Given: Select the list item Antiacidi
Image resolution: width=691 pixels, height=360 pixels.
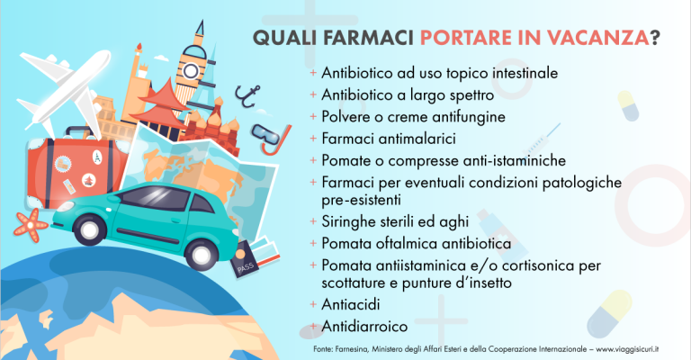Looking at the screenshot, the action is coord(350,304).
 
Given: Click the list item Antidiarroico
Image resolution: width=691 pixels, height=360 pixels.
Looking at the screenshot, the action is coord(364,326).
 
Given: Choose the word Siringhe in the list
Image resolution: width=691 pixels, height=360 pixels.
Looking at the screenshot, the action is coord(348,221).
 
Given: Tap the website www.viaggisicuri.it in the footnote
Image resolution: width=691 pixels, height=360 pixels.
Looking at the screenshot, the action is coord(627,349).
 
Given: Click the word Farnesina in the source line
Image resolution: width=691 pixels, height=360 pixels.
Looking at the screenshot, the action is coord(351,349).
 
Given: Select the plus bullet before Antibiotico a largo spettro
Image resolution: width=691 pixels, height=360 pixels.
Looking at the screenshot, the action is coord(313,94).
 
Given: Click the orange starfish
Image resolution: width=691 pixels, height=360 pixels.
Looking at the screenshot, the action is coord(31,225).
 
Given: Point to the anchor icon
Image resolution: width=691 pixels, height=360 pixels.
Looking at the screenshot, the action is coord(247,96).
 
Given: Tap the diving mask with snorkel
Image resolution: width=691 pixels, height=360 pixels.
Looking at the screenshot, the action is coord(271,138).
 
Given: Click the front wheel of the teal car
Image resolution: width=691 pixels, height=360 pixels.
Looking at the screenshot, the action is coord(201,254).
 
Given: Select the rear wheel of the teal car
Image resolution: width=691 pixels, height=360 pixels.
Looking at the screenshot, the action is coord(89,229).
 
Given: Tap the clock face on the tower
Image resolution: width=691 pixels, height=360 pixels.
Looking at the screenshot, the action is coord(192,70).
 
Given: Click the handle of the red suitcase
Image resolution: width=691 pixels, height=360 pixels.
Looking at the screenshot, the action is coord(80,132).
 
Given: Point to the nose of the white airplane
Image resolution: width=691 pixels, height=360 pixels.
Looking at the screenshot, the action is coord(106,56).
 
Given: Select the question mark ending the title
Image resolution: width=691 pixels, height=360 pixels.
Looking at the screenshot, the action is coord(655,38).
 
